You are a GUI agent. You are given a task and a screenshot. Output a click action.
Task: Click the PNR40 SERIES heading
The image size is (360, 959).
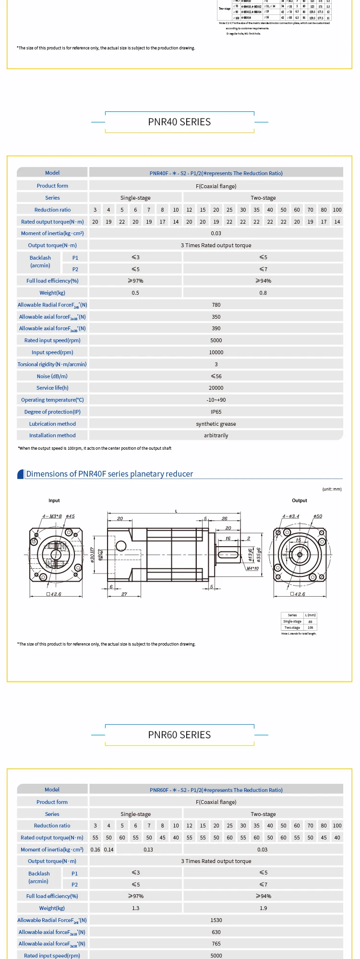pos(179,122)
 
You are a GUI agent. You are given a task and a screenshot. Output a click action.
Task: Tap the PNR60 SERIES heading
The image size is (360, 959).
pos(179,735)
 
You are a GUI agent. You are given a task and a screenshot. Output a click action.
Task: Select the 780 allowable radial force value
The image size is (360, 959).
pos(216,305)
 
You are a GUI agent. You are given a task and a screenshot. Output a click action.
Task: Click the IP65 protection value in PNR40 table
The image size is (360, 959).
pos(216,412)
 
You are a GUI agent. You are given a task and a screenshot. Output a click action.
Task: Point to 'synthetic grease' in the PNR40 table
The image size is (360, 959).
pos(216,424)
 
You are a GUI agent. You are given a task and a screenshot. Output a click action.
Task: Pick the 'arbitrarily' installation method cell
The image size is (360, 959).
pos(216,435)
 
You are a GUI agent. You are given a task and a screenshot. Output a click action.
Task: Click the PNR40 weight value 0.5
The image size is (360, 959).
pos(135,293)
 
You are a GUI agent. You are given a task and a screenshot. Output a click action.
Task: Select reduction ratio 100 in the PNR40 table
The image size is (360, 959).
pos(337,210)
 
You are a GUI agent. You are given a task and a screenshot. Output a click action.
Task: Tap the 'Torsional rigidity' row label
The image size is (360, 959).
pos(52,364)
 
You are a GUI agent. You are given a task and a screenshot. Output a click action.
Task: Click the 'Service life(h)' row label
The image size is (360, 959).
pos(52,388)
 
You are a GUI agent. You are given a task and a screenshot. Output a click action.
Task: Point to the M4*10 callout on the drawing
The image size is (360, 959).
pos(252,568)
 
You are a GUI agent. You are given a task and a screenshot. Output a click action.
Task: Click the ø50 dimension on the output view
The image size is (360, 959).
pos(318,516)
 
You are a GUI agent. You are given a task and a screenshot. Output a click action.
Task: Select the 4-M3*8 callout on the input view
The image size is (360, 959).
pos(52,516)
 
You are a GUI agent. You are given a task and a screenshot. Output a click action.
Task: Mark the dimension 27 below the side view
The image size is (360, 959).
pos(124,594)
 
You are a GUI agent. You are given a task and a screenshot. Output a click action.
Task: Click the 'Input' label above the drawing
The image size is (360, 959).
pos(54,501)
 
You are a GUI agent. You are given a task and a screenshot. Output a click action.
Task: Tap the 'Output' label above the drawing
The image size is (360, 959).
pos(300,501)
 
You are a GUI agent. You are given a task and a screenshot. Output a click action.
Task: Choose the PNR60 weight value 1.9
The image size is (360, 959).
pos(263,908)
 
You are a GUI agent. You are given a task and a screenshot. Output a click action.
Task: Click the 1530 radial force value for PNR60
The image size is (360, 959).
pos(216,920)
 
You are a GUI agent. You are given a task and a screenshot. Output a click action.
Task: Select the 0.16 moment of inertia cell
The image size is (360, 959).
pos(96,850)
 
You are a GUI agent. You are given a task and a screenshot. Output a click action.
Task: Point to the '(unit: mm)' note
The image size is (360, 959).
pos(332,489)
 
